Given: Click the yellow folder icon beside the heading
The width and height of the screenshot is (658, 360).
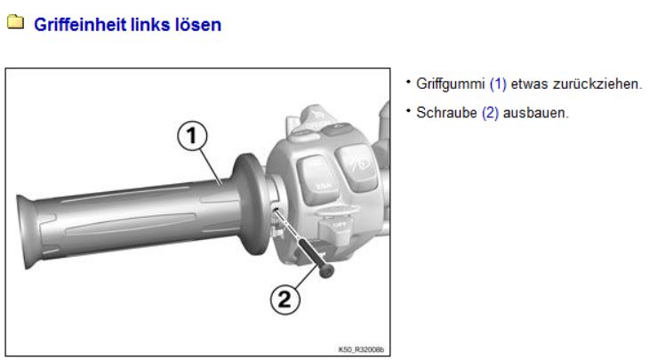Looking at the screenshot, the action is click(x=15, y=22).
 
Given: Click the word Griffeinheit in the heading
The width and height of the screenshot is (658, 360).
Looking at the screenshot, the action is click(x=80, y=24).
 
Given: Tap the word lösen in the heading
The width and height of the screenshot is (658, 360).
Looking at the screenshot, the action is click(x=198, y=24).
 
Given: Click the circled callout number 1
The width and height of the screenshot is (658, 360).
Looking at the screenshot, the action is click(x=192, y=136).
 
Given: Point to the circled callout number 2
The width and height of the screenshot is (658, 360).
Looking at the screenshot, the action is click(x=285, y=300).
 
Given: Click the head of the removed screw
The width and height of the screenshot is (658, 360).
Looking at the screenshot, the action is click(x=326, y=271).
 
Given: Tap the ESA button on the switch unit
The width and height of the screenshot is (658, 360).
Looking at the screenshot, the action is click(x=318, y=180).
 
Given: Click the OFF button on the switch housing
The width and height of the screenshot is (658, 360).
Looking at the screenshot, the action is click(x=335, y=228).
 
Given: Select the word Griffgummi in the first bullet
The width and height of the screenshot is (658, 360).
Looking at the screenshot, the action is click(x=450, y=84).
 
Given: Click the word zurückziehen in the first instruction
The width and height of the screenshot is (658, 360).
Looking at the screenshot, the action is click(x=598, y=84).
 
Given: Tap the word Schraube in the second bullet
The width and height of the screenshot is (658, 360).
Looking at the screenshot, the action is click(x=446, y=113).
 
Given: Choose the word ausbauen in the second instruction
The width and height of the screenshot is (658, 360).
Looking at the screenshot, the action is click(x=536, y=113).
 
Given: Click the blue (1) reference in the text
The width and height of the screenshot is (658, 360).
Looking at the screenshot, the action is click(x=498, y=84).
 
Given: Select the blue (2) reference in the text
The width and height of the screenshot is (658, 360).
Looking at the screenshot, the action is click(x=490, y=113).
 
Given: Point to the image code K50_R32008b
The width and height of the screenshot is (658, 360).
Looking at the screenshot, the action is click(x=361, y=349).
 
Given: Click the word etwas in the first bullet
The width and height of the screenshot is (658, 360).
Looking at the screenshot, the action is click(x=529, y=84).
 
